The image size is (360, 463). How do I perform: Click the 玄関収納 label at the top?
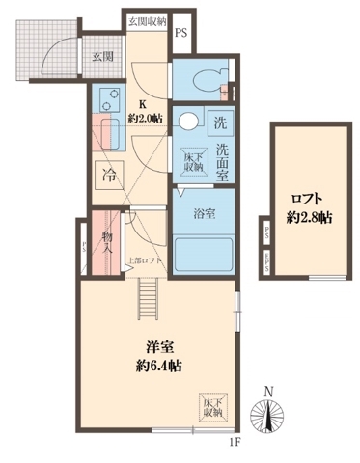pyautogui.click(x=146, y=19)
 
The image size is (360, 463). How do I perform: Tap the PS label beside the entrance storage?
pyautogui.click(x=181, y=32)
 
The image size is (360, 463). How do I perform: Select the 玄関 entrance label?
pyautogui.click(x=103, y=56)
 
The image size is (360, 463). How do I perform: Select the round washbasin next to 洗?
pyautogui.click(x=187, y=121)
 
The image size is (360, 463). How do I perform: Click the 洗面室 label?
pyautogui.click(x=222, y=158)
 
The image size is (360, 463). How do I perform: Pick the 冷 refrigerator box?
pyautogui.click(x=107, y=175)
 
